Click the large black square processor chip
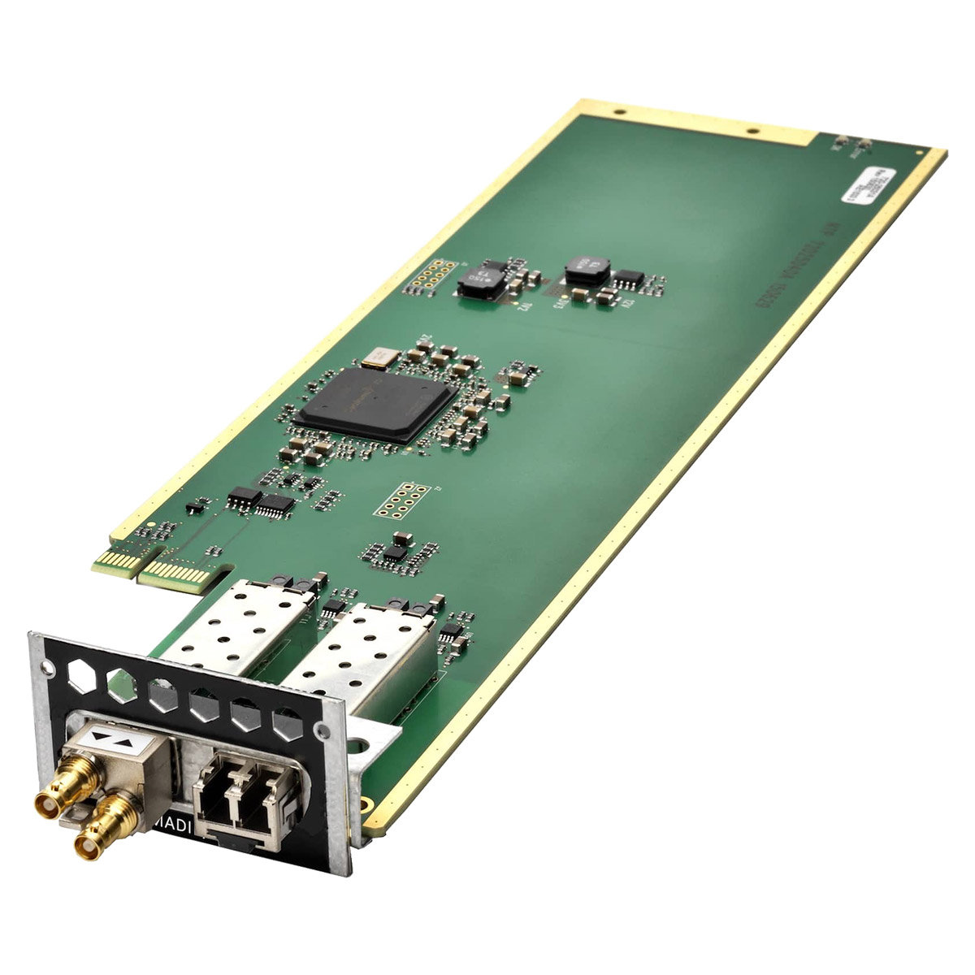(376, 401)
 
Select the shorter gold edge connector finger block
(114, 561)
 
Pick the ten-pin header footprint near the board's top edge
(424, 276)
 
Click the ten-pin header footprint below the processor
(401, 500)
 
